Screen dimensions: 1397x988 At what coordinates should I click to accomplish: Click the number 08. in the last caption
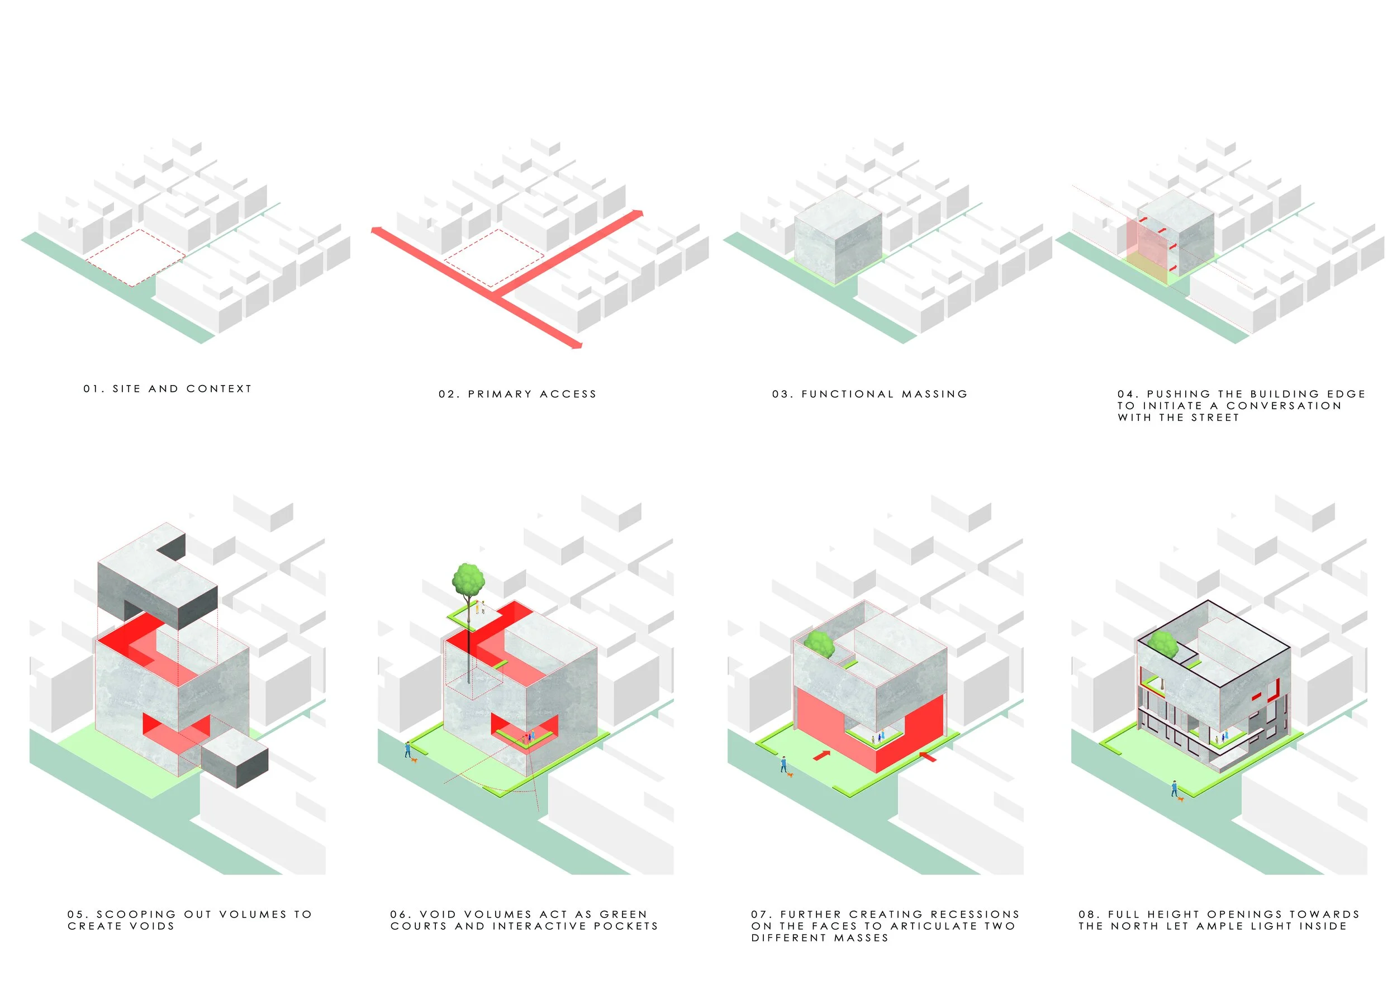(x=1090, y=914)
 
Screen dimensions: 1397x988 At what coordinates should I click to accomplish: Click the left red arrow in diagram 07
(x=821, y=756)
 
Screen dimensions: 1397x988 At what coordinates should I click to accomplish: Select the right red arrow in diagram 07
(x=927, y=757)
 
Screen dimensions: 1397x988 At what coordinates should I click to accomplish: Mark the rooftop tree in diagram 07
(x=819, y=644)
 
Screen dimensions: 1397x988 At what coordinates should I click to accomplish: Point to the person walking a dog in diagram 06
(x=408, y=750)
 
